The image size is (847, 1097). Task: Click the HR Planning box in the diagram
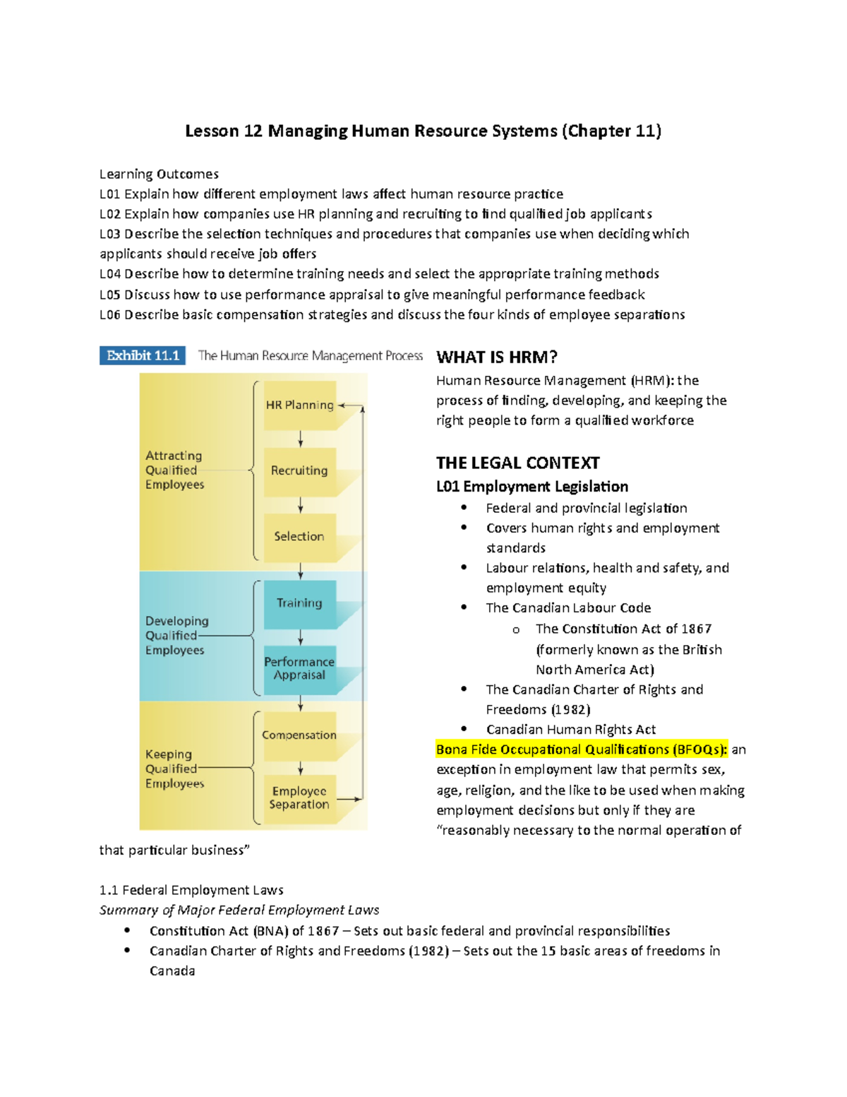[300, 405]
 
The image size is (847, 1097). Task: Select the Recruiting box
[300, 470]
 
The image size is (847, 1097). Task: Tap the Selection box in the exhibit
[300, 537]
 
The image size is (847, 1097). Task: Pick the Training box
[300, 603]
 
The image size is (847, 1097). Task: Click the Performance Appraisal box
[300, 668]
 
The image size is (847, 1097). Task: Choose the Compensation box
[300, 735]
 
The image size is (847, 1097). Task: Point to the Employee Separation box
[300, 798]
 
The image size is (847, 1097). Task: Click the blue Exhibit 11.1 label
[143, 355]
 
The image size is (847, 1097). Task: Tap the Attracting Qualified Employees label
[174, 470]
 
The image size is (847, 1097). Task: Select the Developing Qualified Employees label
[176, 636]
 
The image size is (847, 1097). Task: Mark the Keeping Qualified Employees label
[174, 769]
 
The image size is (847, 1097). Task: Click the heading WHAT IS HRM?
[497, 357]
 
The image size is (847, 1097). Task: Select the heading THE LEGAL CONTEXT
[517, 463]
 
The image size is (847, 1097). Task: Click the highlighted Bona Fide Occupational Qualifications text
[581, 749]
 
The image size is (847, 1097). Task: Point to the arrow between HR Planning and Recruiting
[301, 439]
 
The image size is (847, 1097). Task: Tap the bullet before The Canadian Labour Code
[464, 607]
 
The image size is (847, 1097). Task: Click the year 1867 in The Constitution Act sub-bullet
[696, 629]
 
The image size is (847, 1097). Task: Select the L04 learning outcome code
[110, 274]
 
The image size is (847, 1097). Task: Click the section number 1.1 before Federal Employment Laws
[109, 890]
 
